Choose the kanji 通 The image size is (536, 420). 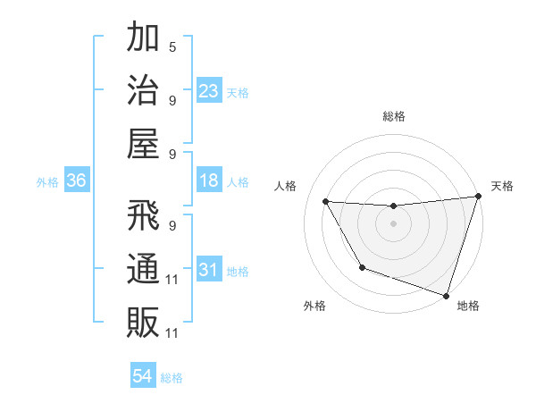[143, 269]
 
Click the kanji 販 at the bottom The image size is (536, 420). [143, 321]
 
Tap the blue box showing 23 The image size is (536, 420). [209, 91]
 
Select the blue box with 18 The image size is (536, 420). [209, 181]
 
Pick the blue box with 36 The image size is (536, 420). [77, 181]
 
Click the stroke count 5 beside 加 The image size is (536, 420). [172, 46]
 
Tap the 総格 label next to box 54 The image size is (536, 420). [172, 378]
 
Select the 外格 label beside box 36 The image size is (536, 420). [47, 182]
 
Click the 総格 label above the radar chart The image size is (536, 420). [394, 116]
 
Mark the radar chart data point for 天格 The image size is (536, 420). [478, 197]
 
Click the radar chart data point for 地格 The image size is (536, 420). [446, 294]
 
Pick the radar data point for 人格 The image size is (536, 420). [326, 202]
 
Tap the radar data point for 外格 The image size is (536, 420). [362, 267]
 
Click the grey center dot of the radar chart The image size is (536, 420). [394, 223]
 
